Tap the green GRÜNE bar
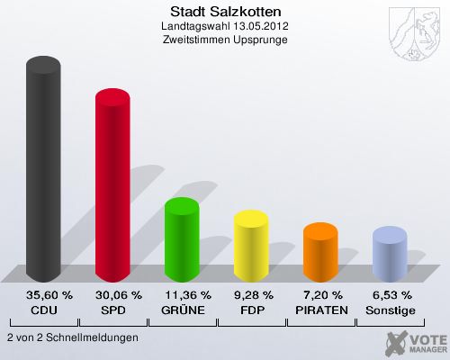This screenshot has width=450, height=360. click(x=182, y=239)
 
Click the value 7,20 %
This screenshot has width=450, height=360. click(x=320, y=295)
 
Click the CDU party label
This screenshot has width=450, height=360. click(x=43, y=310)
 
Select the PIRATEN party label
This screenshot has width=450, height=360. click(x=320, y=310)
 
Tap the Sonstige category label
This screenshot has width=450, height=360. click(x=390, y=310)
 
